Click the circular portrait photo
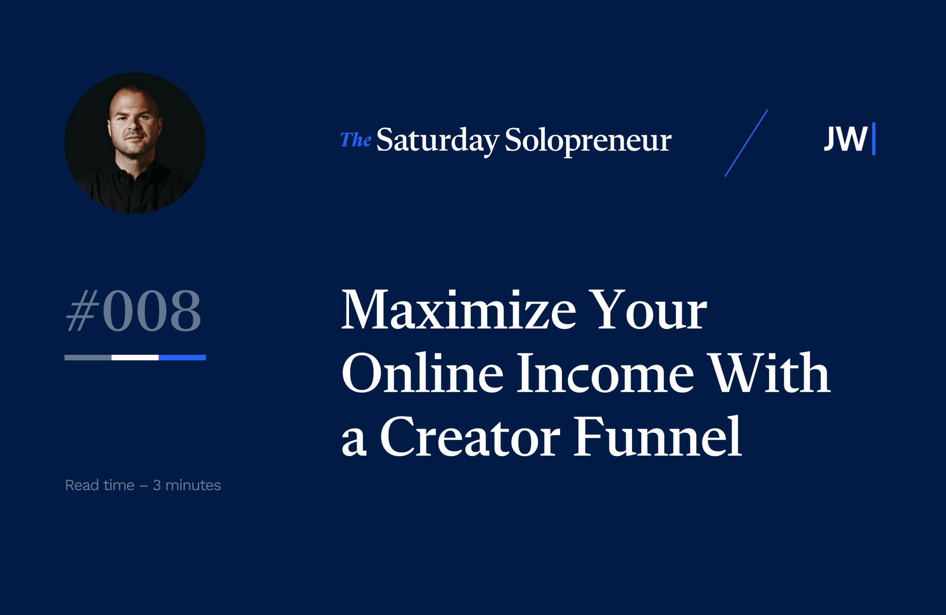pos(135,143)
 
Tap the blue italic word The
pos(355,140)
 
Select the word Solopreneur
pos(587,140)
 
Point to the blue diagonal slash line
pos(746,143)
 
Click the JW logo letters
pos(846,139)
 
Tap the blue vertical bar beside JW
pos(874,139)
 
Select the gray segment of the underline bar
pos(88,357)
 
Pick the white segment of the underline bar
pos(135,357)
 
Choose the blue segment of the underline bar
pos(182,357)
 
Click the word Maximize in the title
pos(458,310)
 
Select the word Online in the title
pos(422,373)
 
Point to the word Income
pos(605,373)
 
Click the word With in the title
pos(771,373)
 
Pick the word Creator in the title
pos(470,437)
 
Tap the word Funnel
pos(657,437)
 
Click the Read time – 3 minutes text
pos(143,485)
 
